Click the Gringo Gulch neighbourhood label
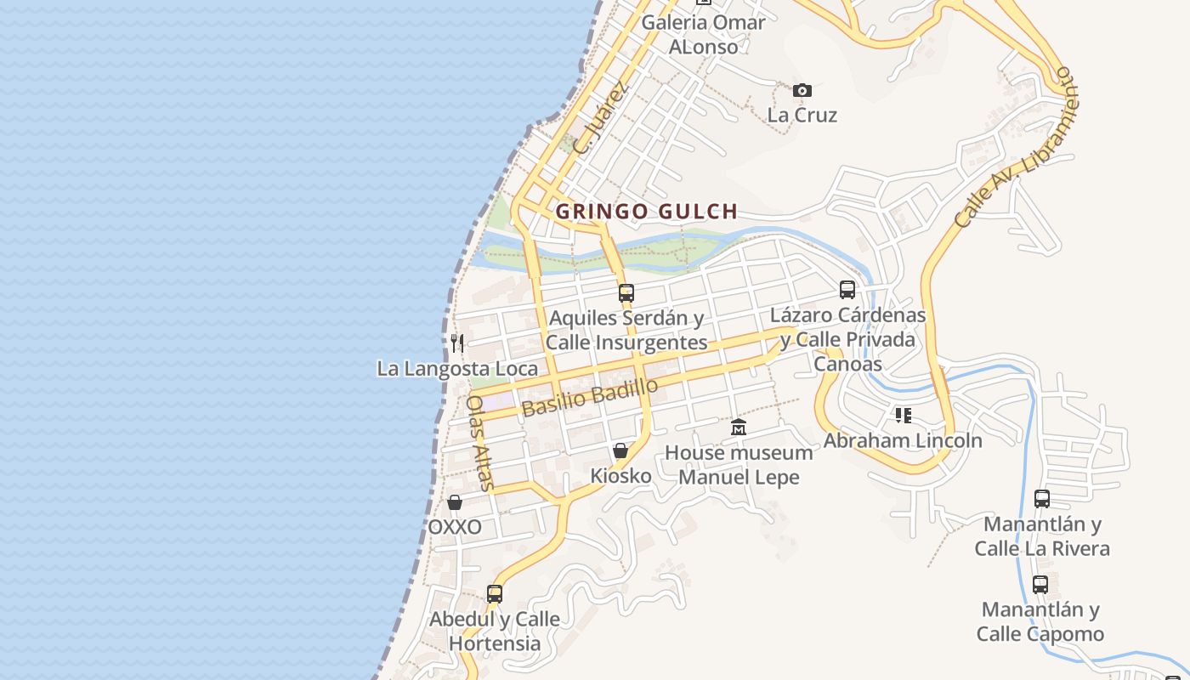tap(646, 212)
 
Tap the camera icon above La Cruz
tap(802, 90)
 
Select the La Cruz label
tap(802, 115)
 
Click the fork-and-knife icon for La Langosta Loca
tap(457, 343)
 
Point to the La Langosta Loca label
tap(457, 368)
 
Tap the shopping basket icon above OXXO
tap(455, 502)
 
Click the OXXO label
tap(455, 527)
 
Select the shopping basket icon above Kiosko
tap(620, 450)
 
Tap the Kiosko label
tap(620, 476)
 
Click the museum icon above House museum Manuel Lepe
tap(738, 427)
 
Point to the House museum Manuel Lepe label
tap(738, 464)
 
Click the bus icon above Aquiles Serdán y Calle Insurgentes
tap(626, 293)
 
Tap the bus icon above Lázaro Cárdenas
tap(847, 290)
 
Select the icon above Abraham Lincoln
tap(903, 416)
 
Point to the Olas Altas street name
tap(480, 443)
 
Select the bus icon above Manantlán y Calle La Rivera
tap(1042, 499)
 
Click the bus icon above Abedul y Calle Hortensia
tap(495, 594)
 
